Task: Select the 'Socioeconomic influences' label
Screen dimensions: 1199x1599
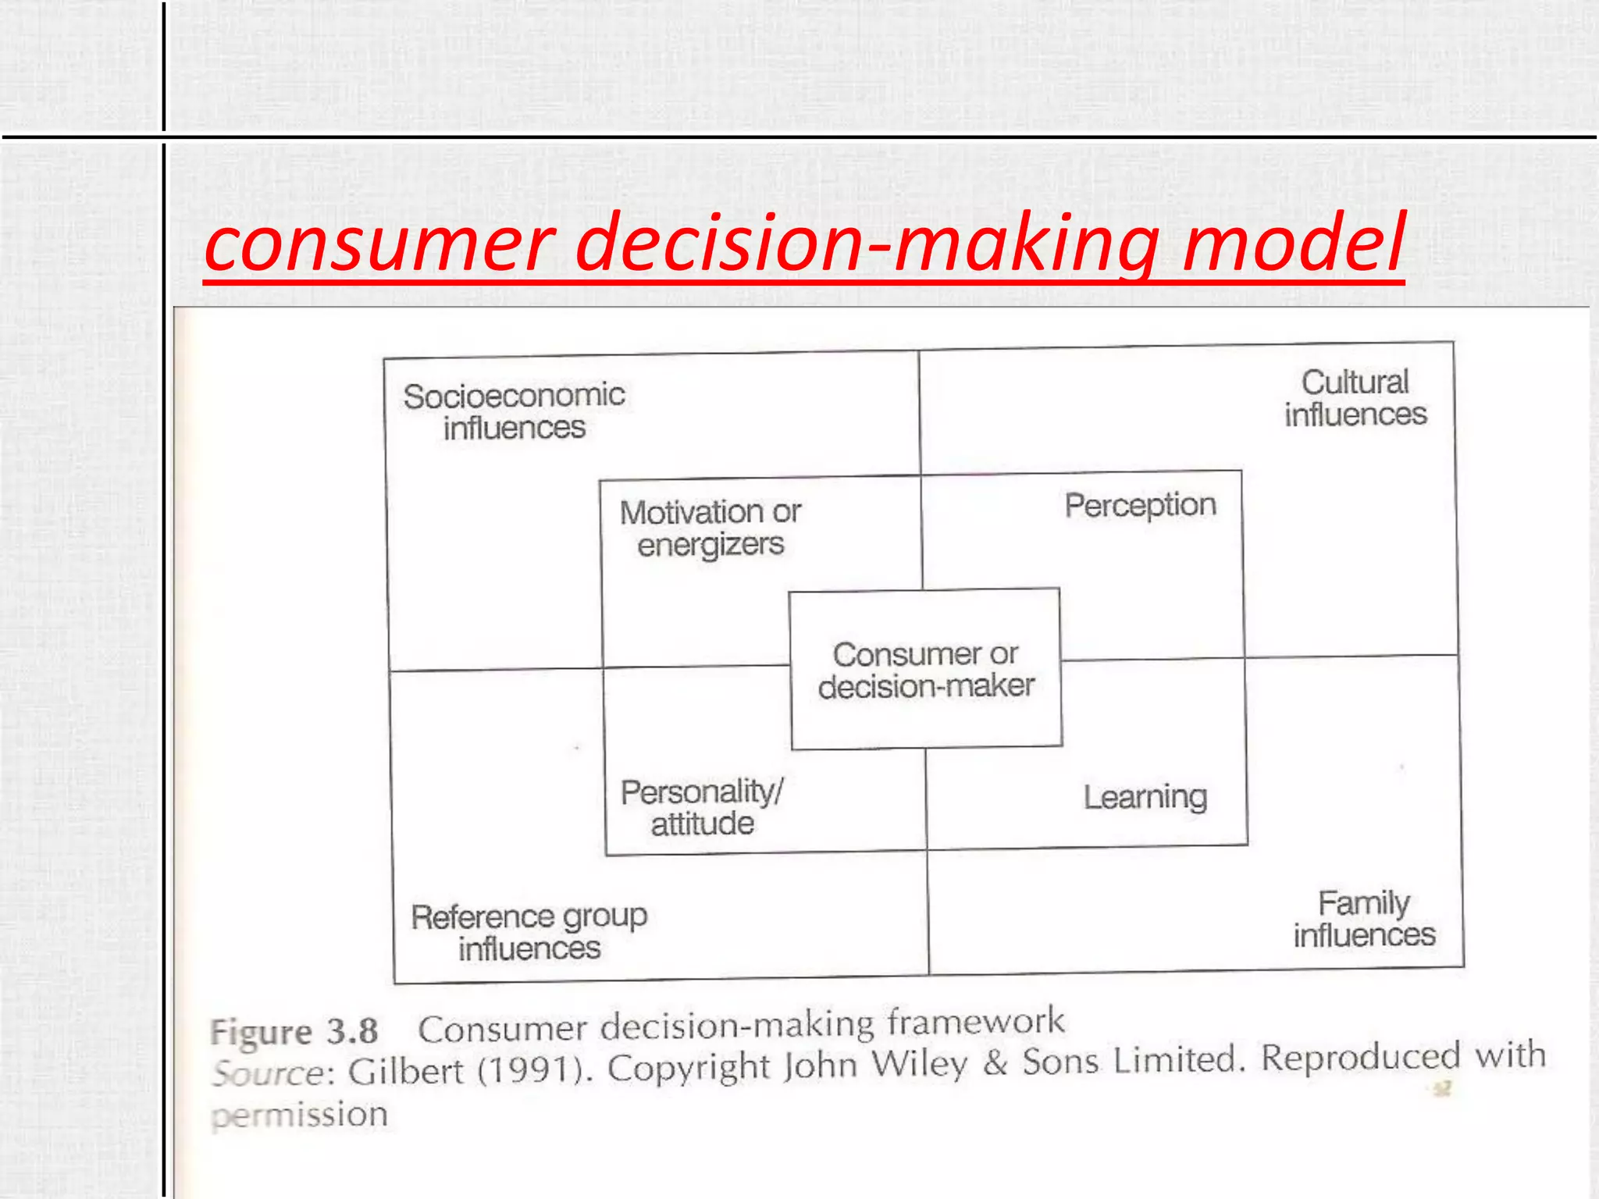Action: coord(514,411)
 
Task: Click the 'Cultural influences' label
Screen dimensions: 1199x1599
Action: coord(1355,398)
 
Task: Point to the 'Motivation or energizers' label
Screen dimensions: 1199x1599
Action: coord(710,528)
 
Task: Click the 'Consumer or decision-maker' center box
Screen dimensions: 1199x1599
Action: coord(926,670)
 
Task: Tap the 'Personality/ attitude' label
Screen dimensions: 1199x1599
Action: coord(702,808)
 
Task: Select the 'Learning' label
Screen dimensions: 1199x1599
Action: coord(1145,797)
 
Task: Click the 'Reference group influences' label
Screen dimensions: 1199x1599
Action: coord(529,932)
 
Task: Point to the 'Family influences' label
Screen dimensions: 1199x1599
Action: coord(1364,919)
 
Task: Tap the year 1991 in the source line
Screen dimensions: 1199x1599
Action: coord(530,1069)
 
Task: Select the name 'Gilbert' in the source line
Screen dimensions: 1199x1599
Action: coord(406,1071)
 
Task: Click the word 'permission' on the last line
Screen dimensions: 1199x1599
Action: coord(300,1115)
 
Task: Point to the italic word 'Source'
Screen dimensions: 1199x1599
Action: coord(269,1073)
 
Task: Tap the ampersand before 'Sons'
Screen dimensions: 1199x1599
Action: coord(995,1062)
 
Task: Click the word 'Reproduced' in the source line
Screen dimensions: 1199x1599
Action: coord(1361,1058)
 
